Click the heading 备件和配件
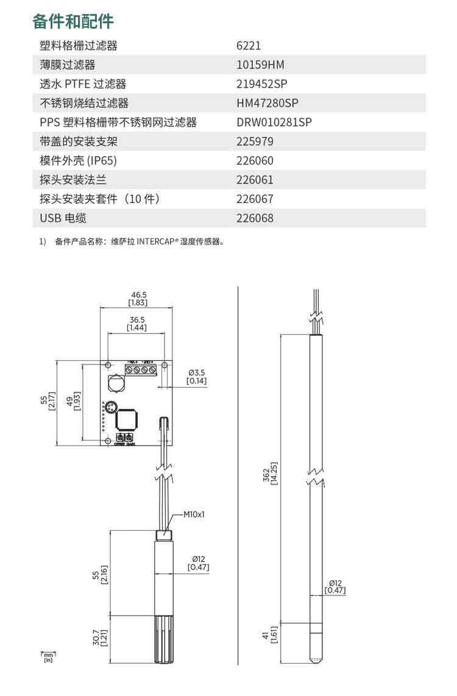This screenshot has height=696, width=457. click(x=73, y=21)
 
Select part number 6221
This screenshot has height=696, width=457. click(x=249, y=46)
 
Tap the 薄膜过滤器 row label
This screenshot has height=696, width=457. click(x=68, y=65)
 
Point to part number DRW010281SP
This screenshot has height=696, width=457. click(x=274, y=123)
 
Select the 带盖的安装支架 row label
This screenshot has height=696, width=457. click(x=78, y=141)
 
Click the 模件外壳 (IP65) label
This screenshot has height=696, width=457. click(x=77, y=161)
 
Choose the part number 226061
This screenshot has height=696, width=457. click(x=255, y=180)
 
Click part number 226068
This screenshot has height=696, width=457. click(x=255, y=218)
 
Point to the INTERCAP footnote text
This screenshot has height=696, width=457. click(x=140, y=241)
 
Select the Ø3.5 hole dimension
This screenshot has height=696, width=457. click(x=197, y=372)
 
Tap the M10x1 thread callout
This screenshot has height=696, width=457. click(x=194, y=514)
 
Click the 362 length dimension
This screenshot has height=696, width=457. click(x=266, y=475)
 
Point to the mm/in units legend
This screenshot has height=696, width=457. click(x=48, y=656)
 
